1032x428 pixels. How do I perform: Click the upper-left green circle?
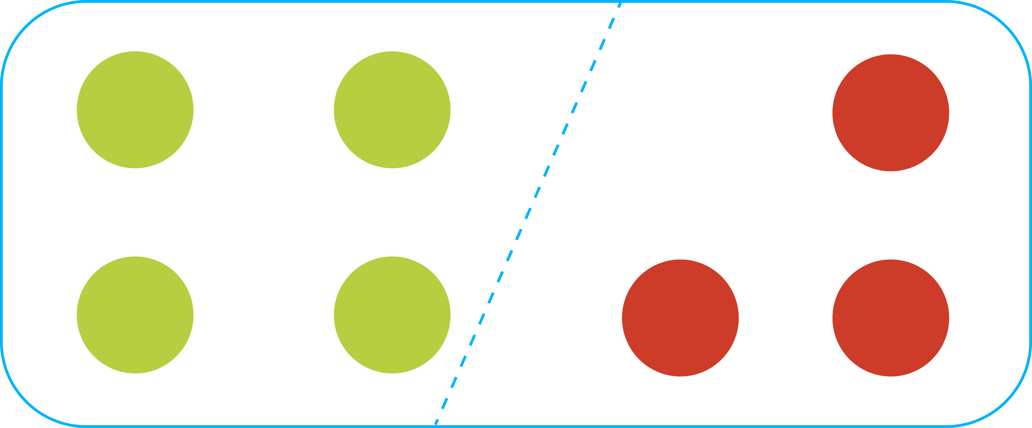[x=135, y=110]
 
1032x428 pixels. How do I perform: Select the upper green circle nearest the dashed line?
[x=392, y=110]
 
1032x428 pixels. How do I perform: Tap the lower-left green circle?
[x=135, y=315]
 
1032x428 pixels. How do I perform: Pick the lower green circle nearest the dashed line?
[x=392, y=315]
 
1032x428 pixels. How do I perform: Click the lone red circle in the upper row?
[x=890, y=113]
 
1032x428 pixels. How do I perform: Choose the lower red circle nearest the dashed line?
[x=680, y=318]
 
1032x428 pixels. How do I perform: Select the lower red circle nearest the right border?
[x=890, y=318]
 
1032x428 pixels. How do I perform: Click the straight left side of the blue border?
[x=2, y=214]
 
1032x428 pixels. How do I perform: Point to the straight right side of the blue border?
[x=1030, y=214]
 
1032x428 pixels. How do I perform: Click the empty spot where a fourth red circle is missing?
[x=680, y=113]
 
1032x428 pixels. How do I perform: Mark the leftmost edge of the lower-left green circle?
[x=77, y=315]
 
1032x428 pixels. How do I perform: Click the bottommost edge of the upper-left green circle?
[x=135, y=168]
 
